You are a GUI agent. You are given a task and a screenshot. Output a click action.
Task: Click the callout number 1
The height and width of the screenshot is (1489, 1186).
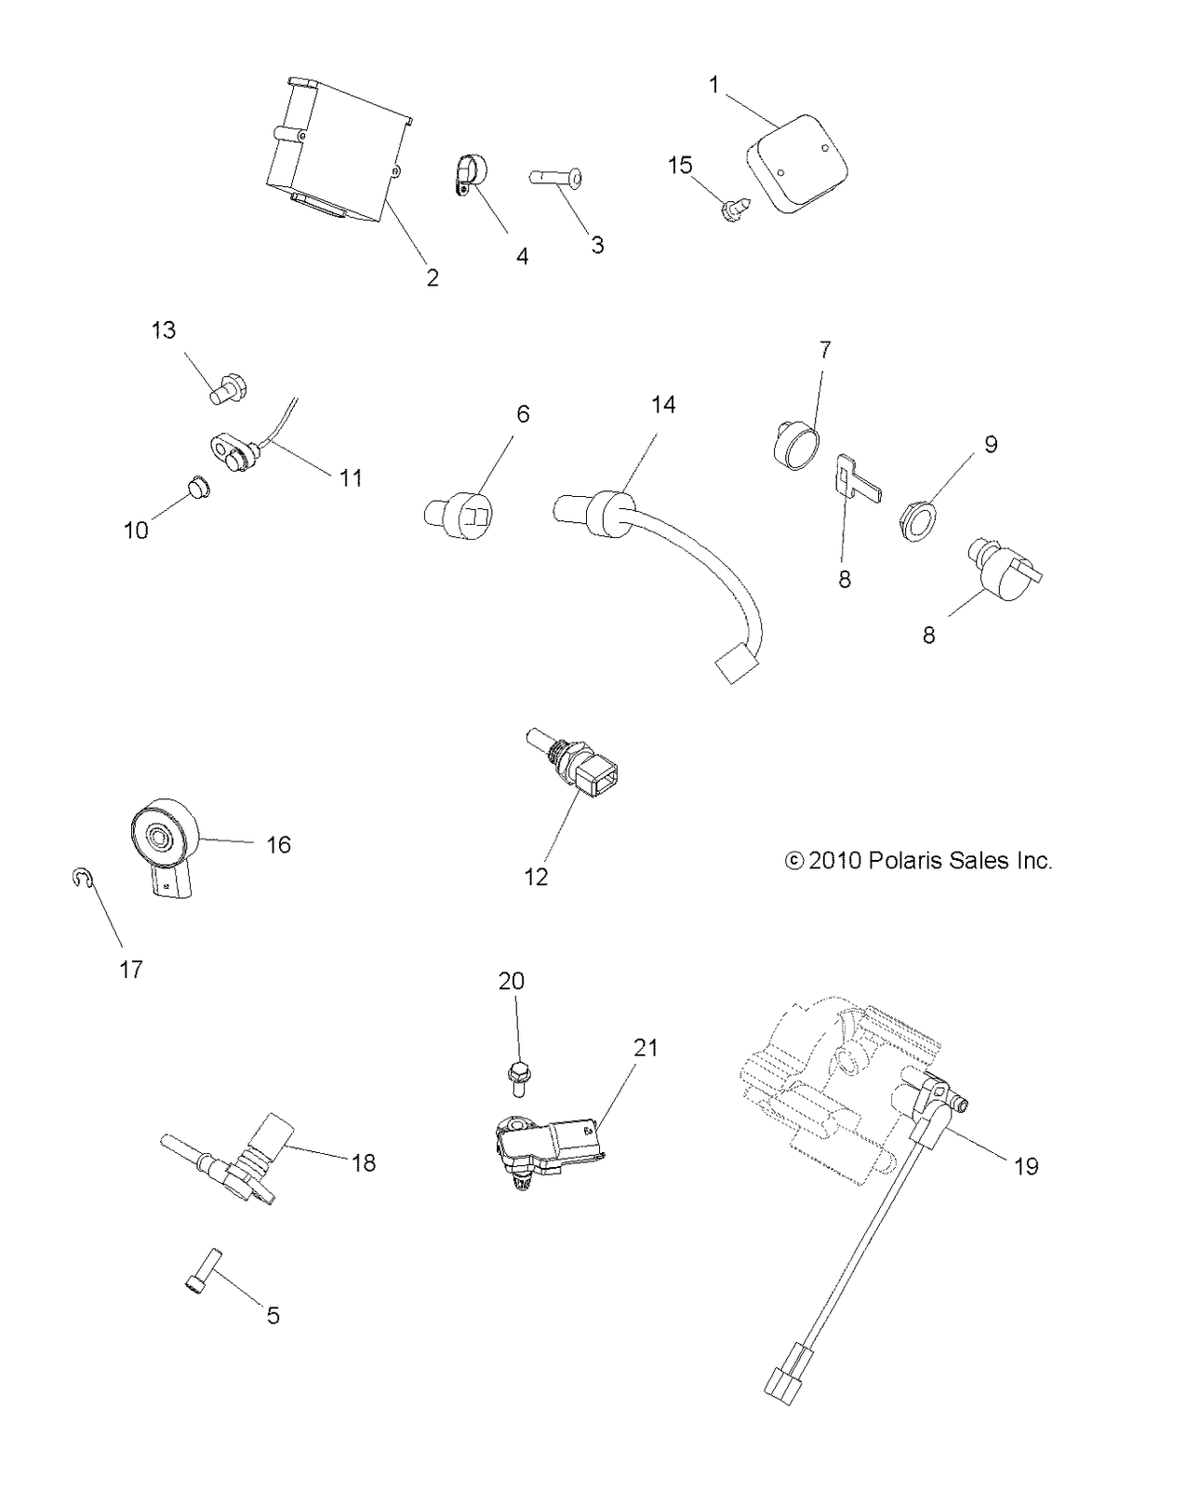[713, 85]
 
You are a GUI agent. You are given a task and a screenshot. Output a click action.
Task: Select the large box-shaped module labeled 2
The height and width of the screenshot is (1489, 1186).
[340, 150]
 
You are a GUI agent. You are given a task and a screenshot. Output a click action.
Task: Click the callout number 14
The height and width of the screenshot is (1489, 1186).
[663, 405]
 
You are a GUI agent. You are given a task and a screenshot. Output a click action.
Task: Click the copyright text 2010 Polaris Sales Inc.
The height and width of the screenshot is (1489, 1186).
[918, 861]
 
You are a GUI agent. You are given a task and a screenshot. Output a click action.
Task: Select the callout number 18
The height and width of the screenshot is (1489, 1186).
[364, 1162]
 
